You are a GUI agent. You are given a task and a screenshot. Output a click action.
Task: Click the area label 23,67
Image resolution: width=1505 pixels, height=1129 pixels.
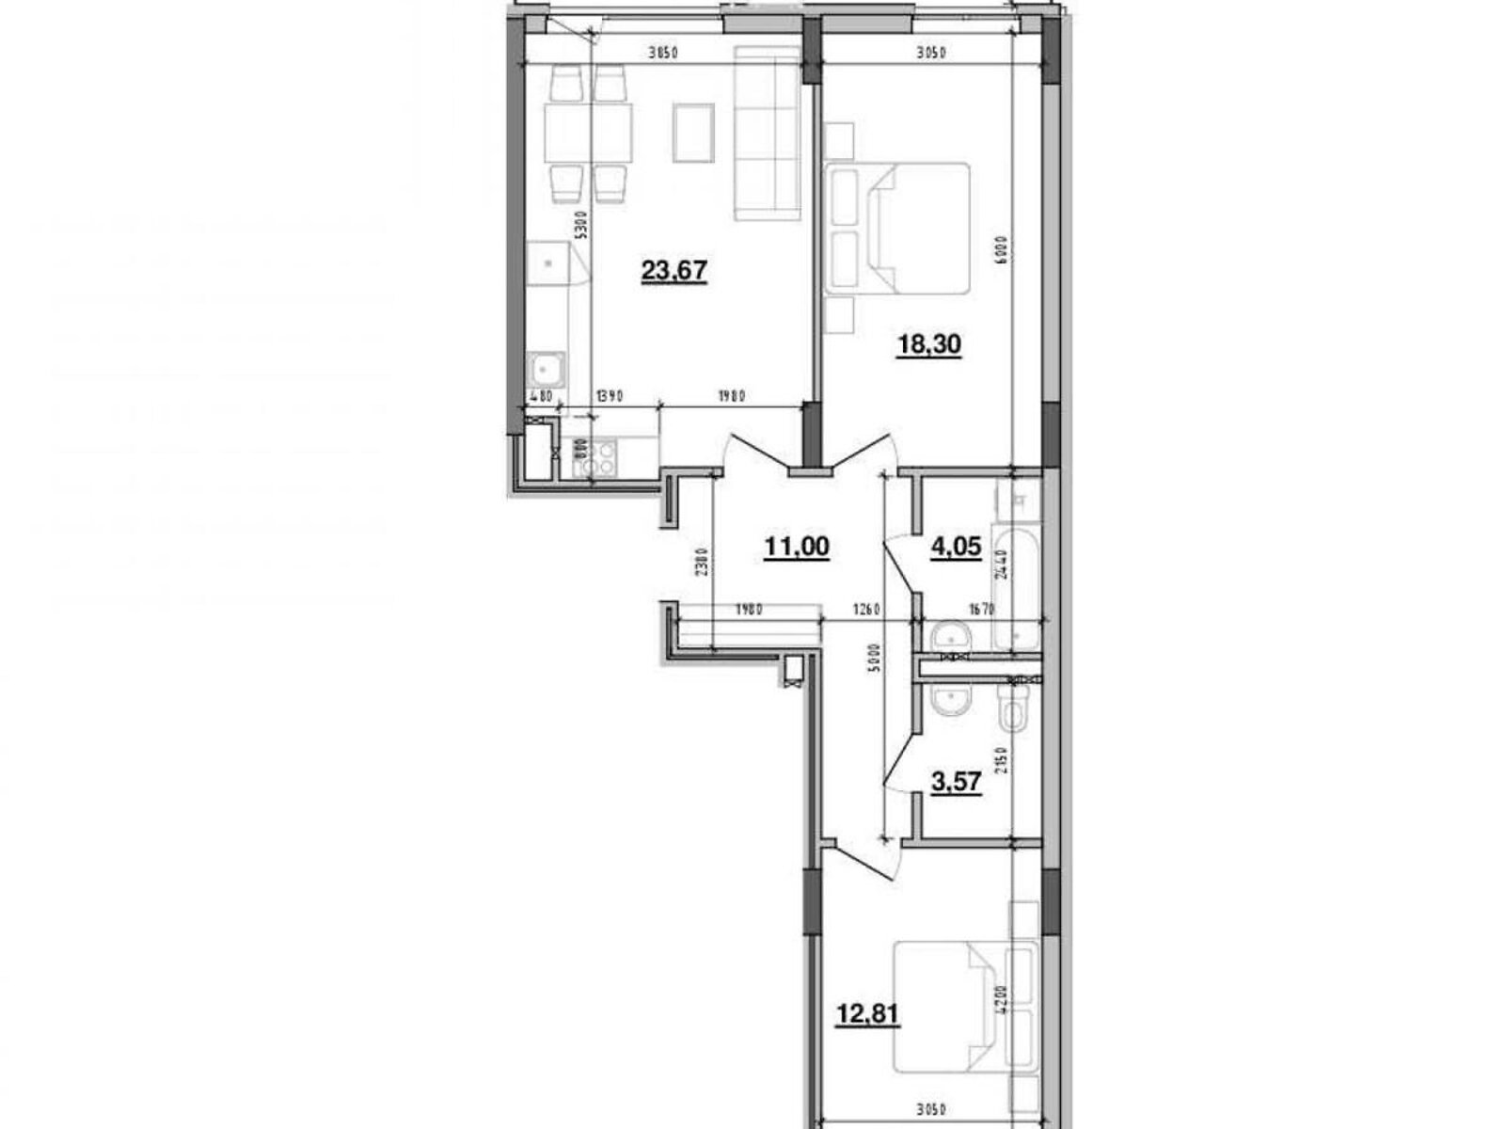[x=673, y=272]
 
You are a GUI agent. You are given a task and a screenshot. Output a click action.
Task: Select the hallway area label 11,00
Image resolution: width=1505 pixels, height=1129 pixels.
[x=797, y=547]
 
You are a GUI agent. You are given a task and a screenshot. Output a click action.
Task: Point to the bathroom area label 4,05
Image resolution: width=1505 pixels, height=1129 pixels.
[x=957, y=547]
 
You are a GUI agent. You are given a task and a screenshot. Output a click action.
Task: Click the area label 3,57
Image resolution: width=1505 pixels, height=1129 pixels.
[x=957, y=784]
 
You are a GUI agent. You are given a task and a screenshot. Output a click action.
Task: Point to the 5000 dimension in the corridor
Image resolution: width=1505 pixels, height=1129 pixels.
[x=874, y=654]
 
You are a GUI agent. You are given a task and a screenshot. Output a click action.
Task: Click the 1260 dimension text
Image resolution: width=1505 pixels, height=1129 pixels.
[x=865, y=610]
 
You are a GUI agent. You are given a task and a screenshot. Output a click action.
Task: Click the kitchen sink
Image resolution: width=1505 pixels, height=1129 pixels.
[x=546, y=369]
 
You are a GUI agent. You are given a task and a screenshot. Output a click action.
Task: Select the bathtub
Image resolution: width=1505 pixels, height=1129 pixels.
[x=1016, y=588]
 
